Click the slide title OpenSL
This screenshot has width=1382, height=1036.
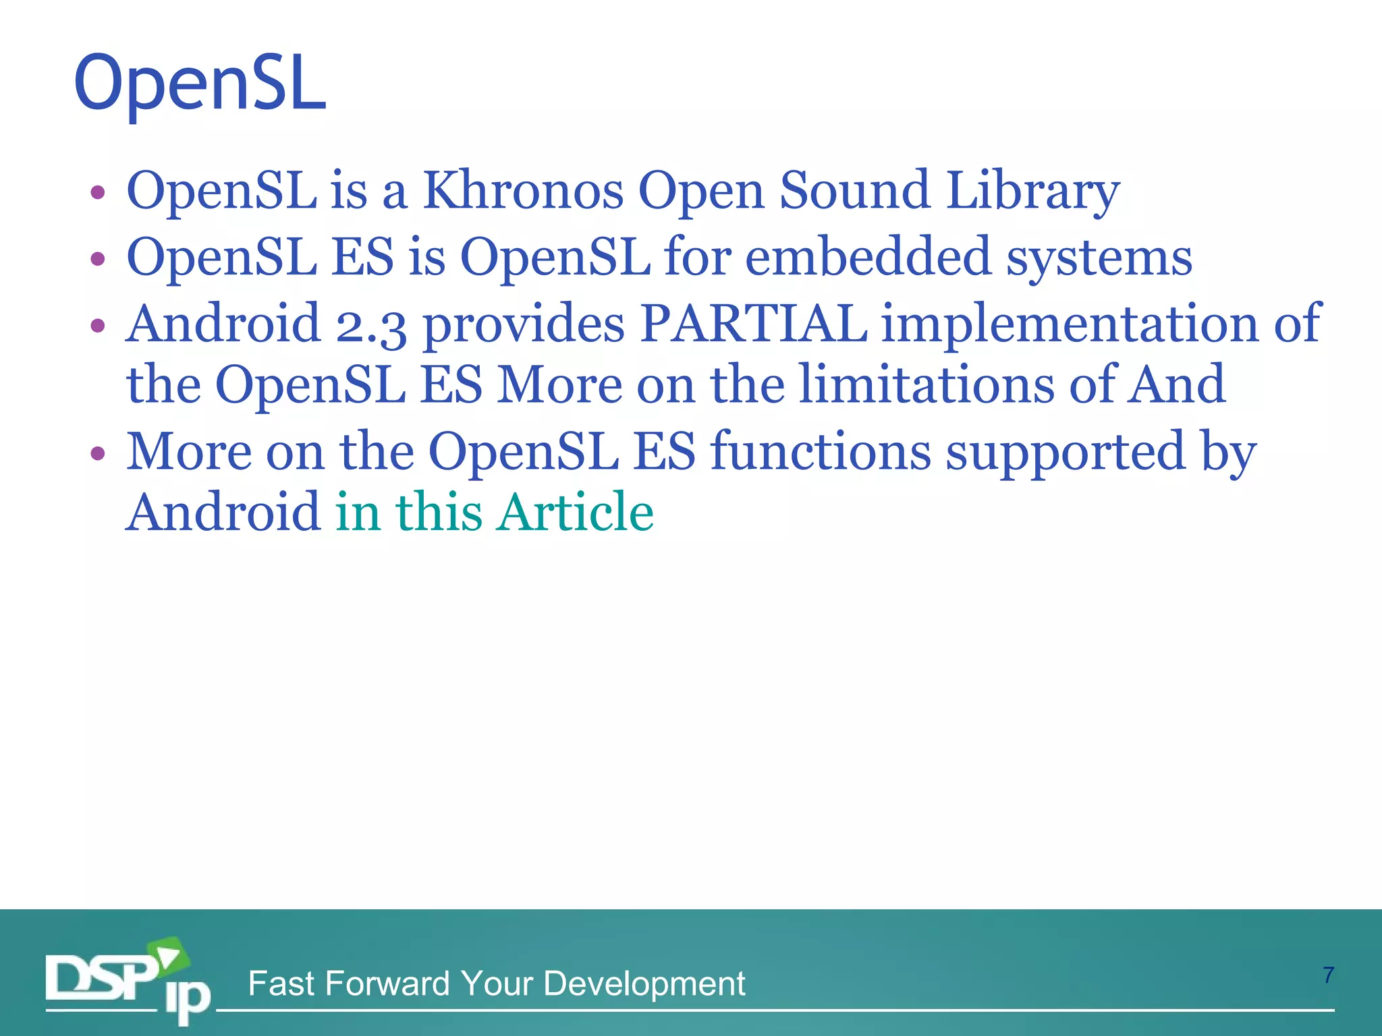200,84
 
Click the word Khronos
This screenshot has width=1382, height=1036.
523,191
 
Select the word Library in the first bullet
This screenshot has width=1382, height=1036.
1032,191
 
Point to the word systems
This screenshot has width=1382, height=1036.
1099,258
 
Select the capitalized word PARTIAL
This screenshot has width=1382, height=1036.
754,324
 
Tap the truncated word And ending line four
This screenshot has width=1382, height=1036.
1178,384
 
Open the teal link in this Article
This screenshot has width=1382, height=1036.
495,512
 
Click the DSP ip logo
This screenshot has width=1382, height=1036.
128,981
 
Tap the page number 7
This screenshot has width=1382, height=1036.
1328,975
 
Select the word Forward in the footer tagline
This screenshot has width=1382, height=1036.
387,983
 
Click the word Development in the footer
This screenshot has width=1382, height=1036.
644,984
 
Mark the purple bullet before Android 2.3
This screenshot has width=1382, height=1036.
98,326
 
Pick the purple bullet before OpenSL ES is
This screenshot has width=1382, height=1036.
98,259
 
